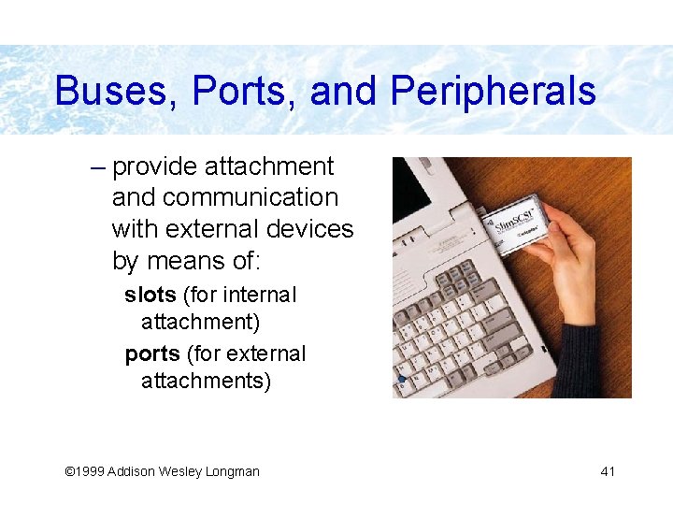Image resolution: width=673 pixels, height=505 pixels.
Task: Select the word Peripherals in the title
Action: click(x=493, y=92)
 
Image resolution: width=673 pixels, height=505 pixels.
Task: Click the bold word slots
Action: click(x=150, y=295)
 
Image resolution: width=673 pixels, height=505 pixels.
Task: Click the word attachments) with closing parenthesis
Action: click(x=206, y=381)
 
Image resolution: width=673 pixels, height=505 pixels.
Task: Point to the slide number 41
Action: click(x=608, y=471)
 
